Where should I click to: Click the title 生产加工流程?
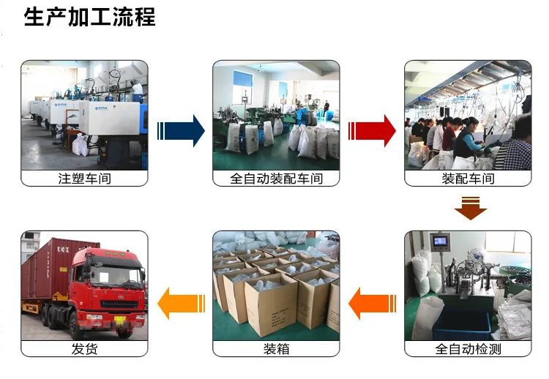[x=89, y=17]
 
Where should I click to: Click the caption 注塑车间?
[x=84, y=179]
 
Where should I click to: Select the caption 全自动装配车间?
[x=276, y=179]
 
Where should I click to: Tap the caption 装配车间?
[x=468, y=179]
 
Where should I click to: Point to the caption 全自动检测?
[x=468, y=349]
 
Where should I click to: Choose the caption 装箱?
[x=276, y=349]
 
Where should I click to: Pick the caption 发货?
[x=84, y=349]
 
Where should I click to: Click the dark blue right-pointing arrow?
[x=181, y=131]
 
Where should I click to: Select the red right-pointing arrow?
[x=373, y=131]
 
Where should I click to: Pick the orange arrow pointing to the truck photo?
[x=181, y=302]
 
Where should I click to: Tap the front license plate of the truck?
[x=117, y=318]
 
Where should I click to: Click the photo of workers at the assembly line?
[x=468, y=115]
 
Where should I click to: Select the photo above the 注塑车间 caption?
[x=84, y=115]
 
